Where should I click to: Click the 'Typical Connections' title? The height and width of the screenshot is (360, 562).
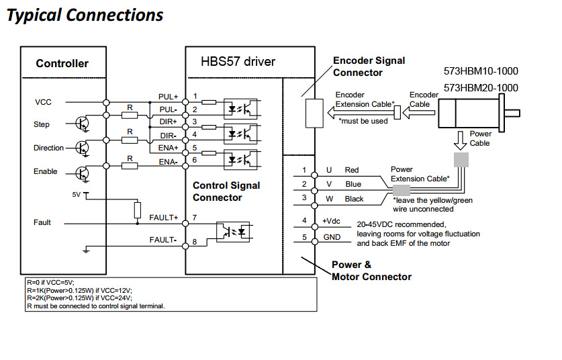tap(85, 15)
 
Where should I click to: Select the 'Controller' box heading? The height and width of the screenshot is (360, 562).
tap(62, 64)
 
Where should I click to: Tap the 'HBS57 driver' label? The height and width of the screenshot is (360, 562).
tap(238, 62)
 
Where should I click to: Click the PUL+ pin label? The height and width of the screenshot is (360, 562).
tap(168, 97)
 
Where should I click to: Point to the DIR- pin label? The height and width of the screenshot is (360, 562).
tap(168, 136)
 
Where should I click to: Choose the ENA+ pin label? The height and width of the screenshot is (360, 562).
tap(168, 148)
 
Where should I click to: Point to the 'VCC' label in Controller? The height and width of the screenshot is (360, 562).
tap(43, 102)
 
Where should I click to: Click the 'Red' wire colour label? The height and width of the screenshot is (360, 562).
tap(352, 171)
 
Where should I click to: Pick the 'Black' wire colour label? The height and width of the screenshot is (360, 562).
tap(354, 199)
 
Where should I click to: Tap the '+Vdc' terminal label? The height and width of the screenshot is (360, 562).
tap(332, 221)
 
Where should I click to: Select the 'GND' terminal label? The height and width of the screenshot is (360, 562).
tap(331, 237)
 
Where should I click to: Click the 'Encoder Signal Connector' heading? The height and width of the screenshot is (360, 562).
tap(369, 66)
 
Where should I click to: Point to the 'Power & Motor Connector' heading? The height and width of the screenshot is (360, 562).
tap(371, 270)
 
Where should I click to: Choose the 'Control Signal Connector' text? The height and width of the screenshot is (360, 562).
tap(226, 191)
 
